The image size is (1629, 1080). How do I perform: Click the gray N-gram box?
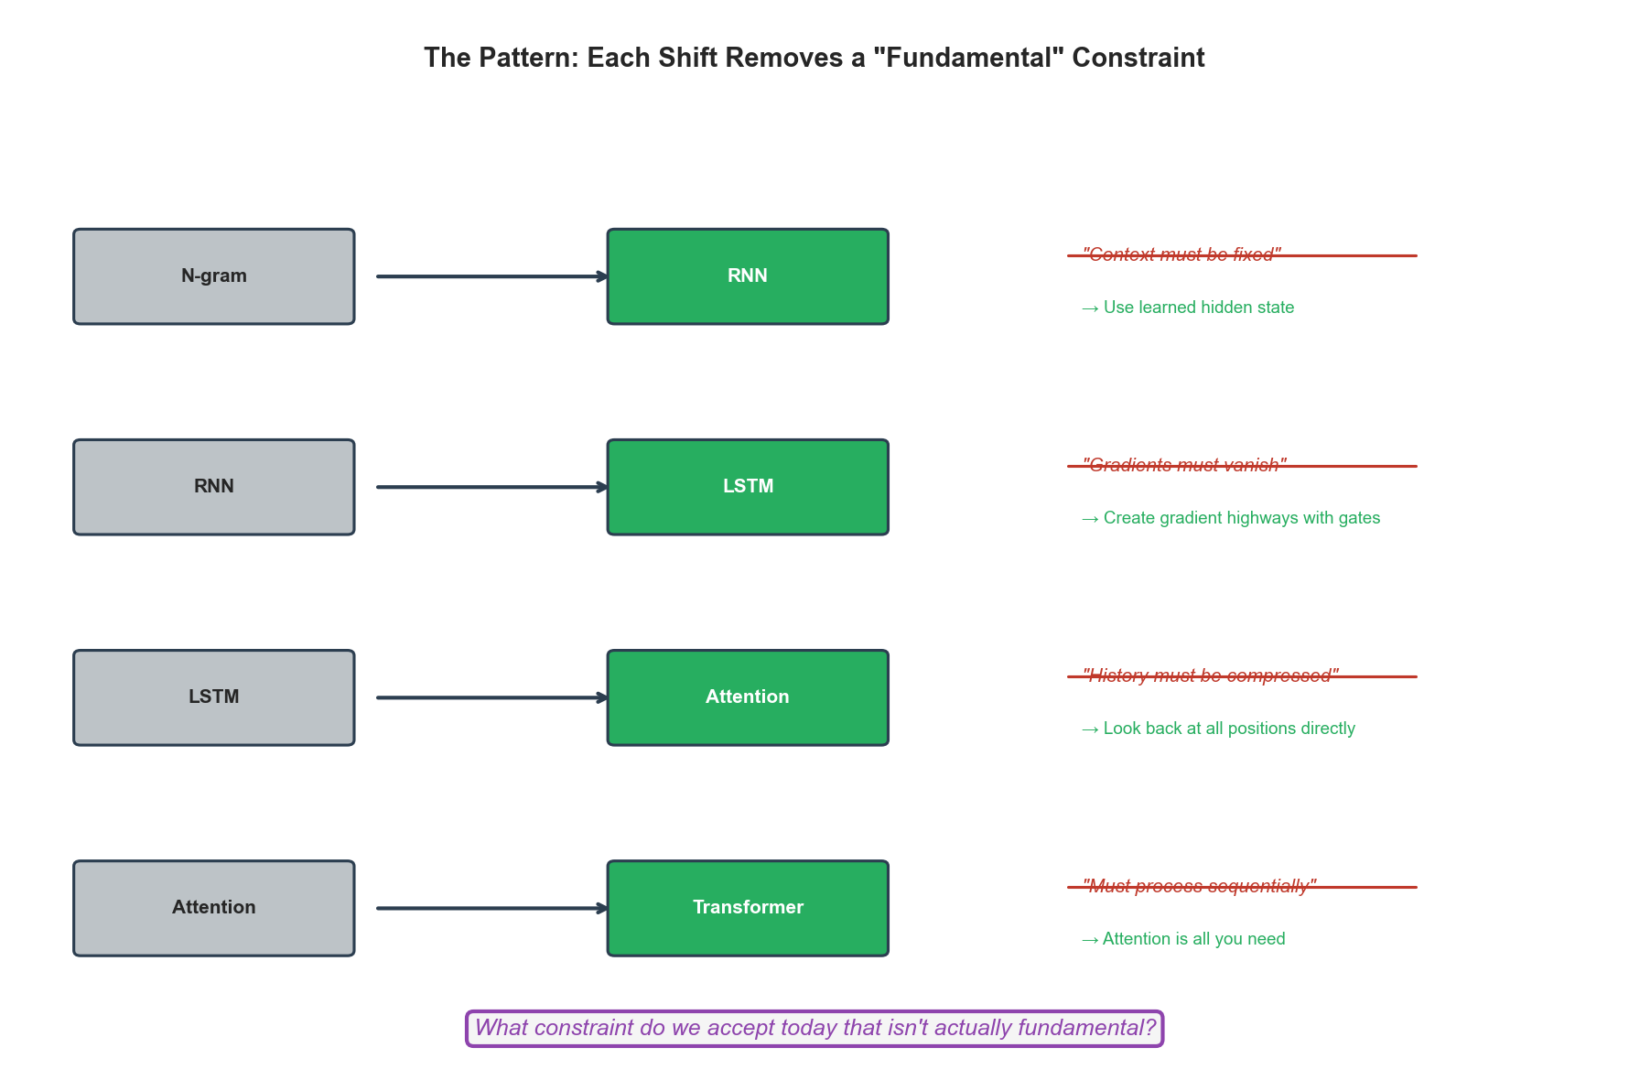click(213, 276)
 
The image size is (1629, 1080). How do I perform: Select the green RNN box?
click(748, 276)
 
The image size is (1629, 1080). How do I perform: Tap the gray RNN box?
click(213, 487)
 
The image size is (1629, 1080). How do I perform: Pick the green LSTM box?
click(748, 487)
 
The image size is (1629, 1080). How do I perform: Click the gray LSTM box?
click(213, 697)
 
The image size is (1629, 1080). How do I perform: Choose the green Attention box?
click(748, 697)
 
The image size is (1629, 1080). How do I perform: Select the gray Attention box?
click(213, 908)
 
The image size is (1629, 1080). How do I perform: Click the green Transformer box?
click(748, 908)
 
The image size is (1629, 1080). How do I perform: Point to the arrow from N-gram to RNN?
click(491, 276)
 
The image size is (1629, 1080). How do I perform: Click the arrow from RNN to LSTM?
click(491, 487)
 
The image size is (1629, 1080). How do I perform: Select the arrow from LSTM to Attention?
click(491, 697)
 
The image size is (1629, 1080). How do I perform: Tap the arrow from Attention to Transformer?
click(491, 908)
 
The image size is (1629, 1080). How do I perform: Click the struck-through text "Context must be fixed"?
click(1181, 254)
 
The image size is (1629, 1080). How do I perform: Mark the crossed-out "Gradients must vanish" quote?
click(1184, 465)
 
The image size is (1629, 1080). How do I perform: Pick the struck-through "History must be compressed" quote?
click(1210, 675)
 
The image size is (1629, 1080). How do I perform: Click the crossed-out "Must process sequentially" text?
click(1199, 886)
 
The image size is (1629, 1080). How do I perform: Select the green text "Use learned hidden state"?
click(1188, 308)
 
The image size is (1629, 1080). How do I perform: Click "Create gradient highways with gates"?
click(1231, 518)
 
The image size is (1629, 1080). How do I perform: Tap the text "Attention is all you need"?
click(1183, 939)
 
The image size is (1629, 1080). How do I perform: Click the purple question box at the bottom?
click(814, 1029)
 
